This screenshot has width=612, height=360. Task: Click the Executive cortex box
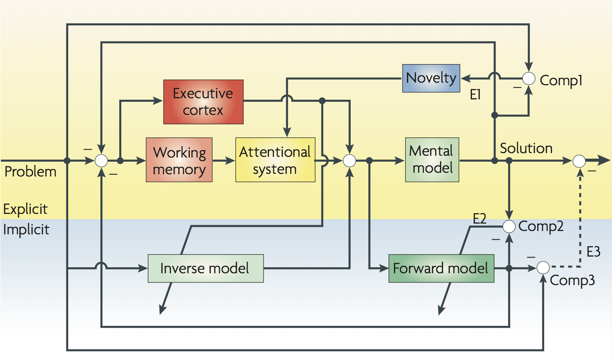[x=203, y=102]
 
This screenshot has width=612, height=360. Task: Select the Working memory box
[x=179, y=160]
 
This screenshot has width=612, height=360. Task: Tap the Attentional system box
[x=275, y=160]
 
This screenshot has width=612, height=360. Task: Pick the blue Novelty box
[x=431, y=78]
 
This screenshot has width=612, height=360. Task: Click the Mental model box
[x=432, y=160]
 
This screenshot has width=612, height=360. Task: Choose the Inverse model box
[x=206, y=268]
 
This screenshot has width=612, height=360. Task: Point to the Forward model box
[x=441, y=268]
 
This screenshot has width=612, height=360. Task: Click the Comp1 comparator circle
[x=529, y=79]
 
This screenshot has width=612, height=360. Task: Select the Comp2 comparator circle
[x=509, y=226]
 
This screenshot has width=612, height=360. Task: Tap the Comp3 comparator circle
[x=543, y=267]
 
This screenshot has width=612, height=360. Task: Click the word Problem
[x=30, y=172]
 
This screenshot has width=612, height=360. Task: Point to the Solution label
[x=526, y=148]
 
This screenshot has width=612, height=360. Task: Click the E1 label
[x=475, y=95]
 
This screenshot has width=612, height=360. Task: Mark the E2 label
[x=479, y=218]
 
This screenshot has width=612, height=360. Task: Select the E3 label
[x=593, y=252]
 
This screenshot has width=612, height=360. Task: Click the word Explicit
[x=25, y=209]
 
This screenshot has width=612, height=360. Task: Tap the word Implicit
[x=26, y=229]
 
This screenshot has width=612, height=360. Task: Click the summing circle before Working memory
[x=101, y=161]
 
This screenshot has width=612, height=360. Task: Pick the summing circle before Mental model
[x=349, y=161]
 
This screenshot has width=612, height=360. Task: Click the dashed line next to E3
[x=580, y=222]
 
